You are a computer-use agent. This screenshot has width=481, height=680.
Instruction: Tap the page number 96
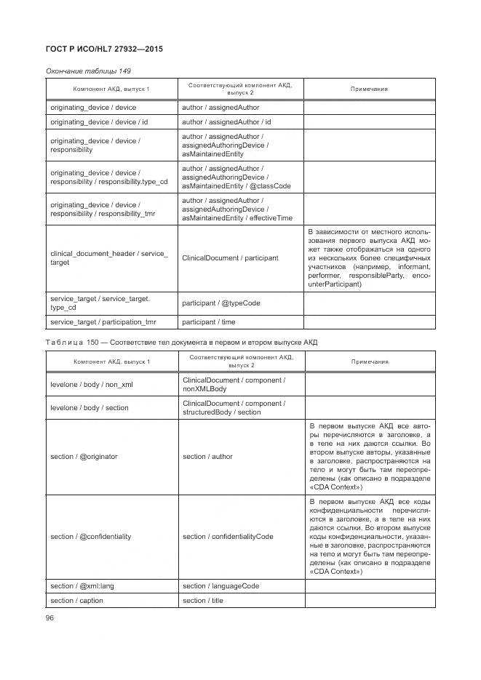tap(50, 617)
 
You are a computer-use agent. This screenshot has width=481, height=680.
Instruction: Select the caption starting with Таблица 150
tap(182, 343)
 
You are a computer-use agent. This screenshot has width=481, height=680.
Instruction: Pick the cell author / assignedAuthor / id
tap(226, 122)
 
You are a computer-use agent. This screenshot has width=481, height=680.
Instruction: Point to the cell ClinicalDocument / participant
tap(231, 258)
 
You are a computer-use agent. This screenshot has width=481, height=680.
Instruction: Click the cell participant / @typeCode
tap(221, 303)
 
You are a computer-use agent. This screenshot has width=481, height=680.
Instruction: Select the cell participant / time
tap(209, 321)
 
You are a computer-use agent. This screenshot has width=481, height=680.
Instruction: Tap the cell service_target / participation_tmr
tap(103, 321)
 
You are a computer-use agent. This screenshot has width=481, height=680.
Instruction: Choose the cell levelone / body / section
tap(90, 408)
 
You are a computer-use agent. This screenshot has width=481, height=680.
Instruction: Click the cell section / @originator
tap(84, 457)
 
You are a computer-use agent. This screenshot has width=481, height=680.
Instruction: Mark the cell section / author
tap(208, 457)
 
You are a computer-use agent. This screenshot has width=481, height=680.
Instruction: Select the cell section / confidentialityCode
tap(228, 537)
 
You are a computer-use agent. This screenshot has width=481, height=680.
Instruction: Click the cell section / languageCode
tap(221, 586)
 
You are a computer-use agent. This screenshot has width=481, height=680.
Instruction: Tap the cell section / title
tap(203, 601)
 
